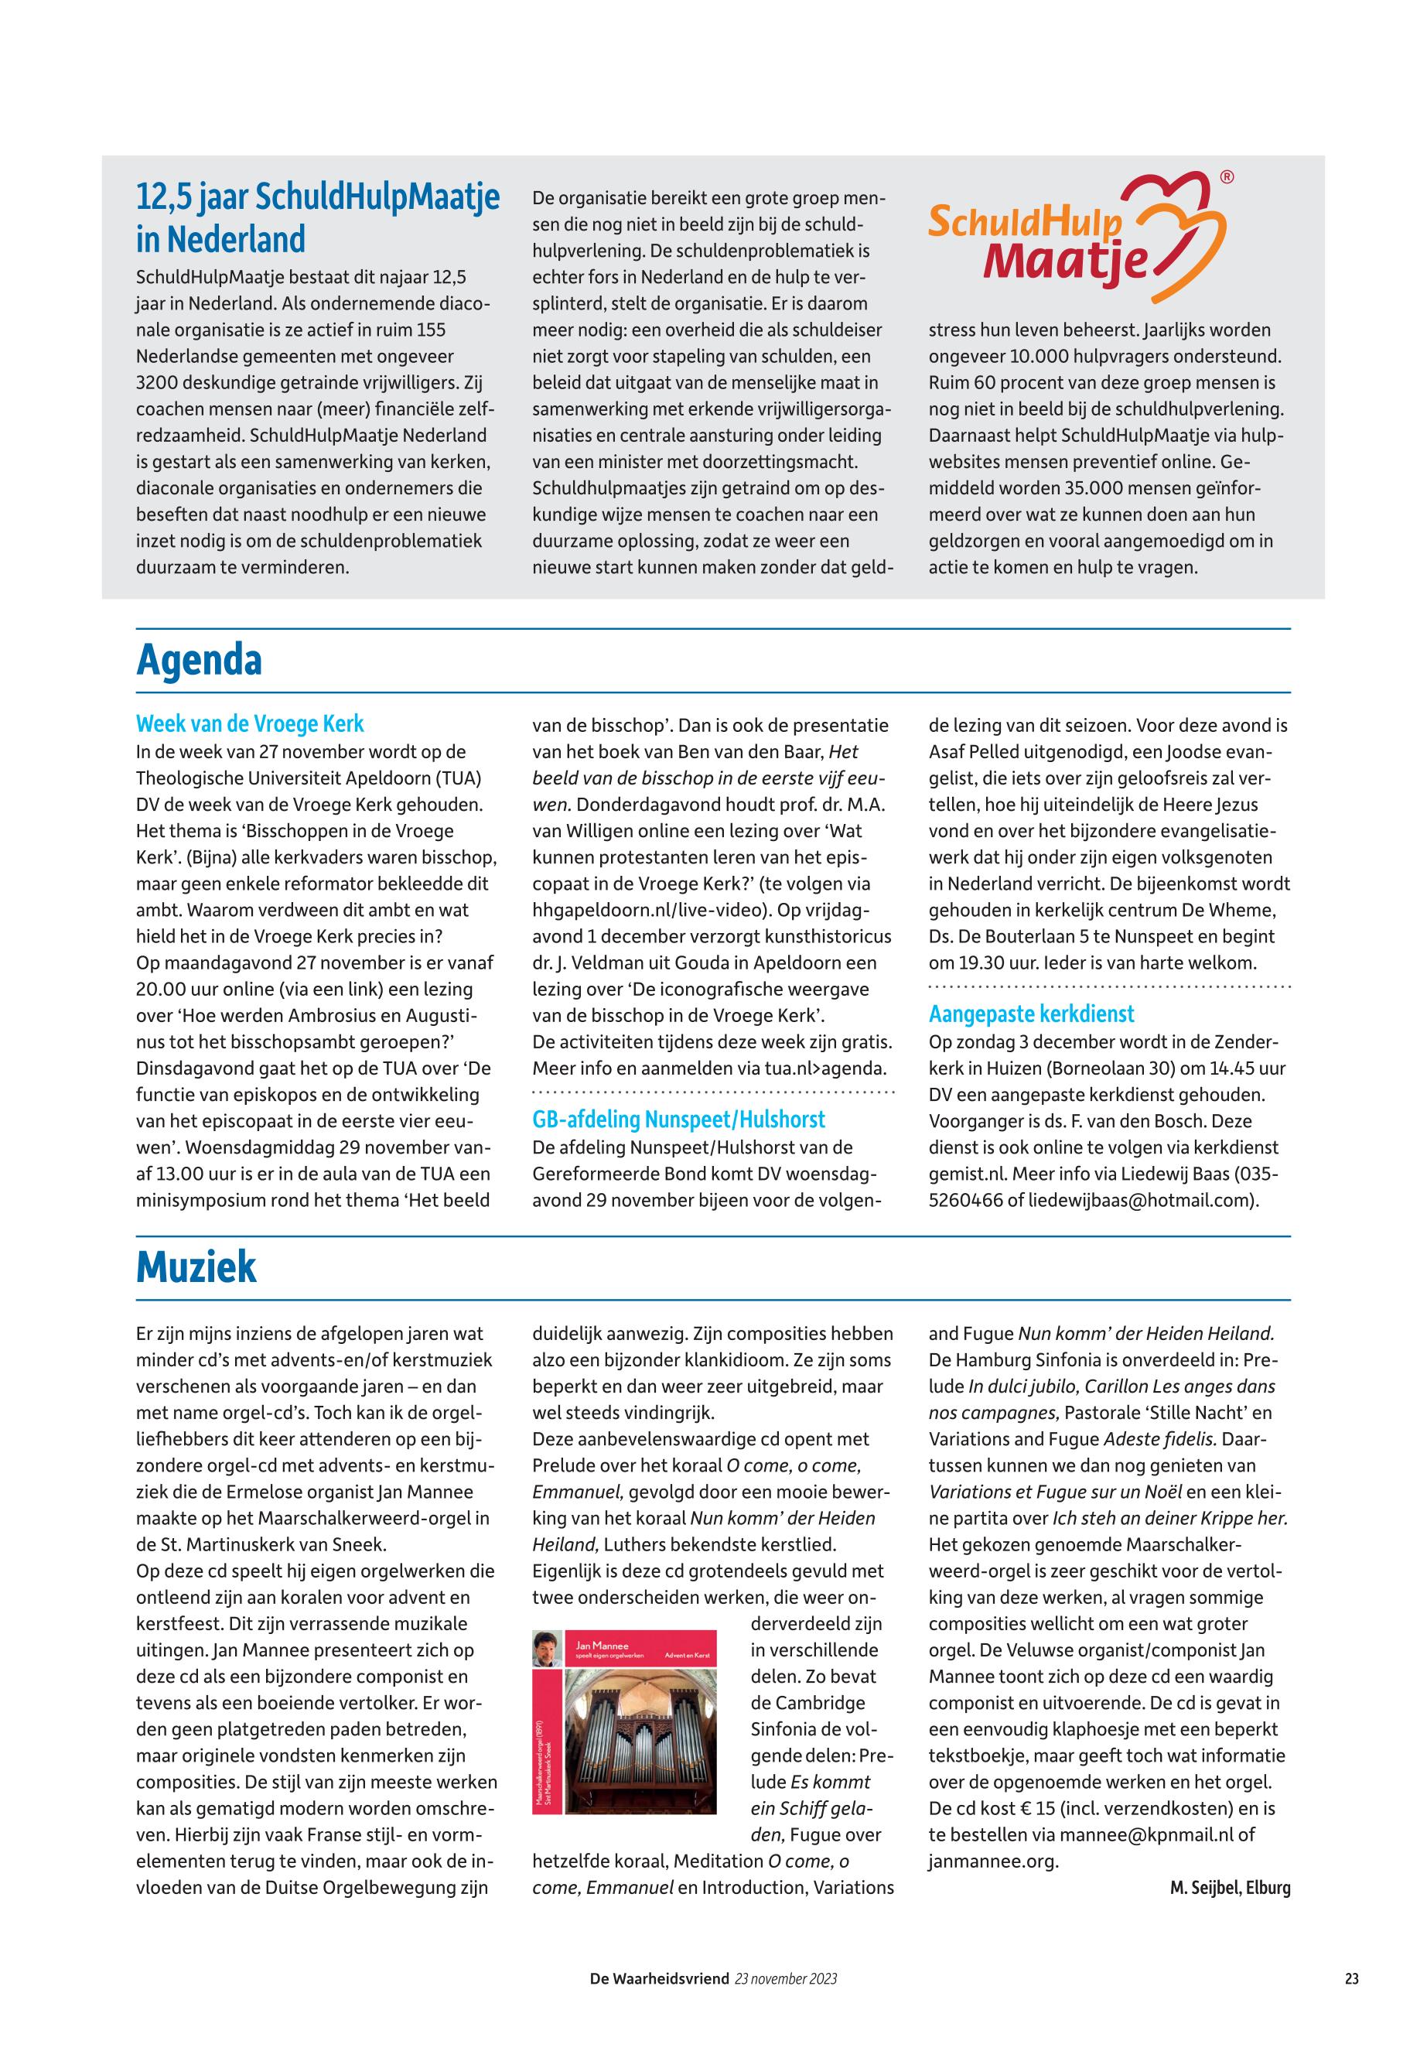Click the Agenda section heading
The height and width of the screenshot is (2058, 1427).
pyautogui.click(x=199, y=661)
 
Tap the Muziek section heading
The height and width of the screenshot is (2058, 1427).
pyautogui.click(x=196, y=1267)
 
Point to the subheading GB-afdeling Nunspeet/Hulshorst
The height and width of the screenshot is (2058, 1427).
pyautogui.click(x=678, y=1120)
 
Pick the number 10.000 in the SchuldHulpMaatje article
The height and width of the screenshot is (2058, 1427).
pyautogui.click(x=1044, y=357)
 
